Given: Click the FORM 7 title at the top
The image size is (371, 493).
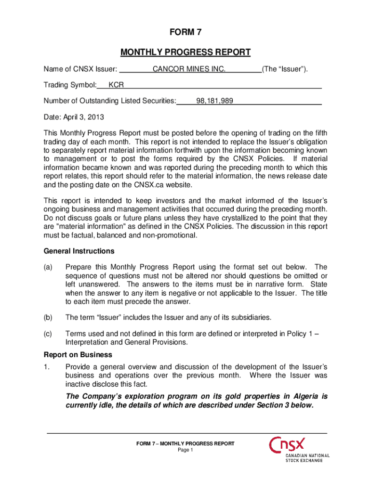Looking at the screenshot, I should [185, 33].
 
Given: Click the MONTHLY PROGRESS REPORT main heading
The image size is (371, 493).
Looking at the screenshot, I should [185, 52].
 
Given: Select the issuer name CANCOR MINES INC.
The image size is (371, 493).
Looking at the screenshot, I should [189, 69].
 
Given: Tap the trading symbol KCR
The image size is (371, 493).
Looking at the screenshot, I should [116, 85].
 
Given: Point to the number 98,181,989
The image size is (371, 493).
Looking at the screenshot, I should [215, 101].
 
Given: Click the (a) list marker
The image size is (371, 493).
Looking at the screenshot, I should [49, 267].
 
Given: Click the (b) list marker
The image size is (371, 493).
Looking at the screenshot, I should [49, 317].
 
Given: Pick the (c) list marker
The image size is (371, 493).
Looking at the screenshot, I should [49, 333].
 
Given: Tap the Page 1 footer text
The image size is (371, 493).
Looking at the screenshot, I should [185, 450].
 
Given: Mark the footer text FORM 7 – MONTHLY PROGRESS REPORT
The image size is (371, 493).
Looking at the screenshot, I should [185, 443].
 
